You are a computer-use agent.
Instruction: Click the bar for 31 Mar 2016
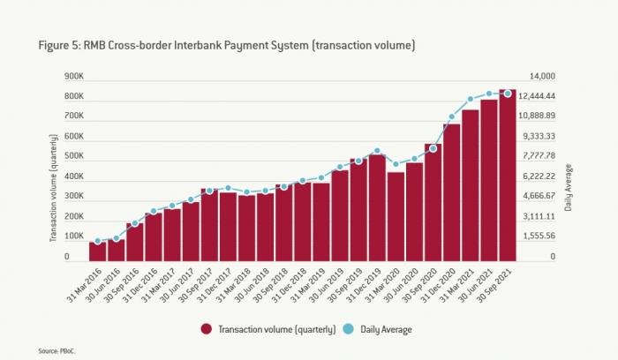pyautogui.click(x=98, y=251)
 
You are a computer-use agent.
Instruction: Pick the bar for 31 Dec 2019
pyautogui.click(x=377, y=208)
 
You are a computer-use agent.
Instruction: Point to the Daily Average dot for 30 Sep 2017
pyautogui.click(x=209, y=191)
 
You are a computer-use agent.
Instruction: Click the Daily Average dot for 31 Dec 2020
pyautogui.click(x=451, y=116)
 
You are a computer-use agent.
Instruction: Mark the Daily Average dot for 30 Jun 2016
pyautogui.click(x=117, y=238)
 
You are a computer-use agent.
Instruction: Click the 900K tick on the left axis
pyautogui.click(x=73, y=77)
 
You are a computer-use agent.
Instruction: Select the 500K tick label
pyautogui.click(x=73, y=157)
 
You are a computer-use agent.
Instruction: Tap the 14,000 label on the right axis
pyautogui.click(x=540, y=77)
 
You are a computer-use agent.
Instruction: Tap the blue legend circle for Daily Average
pyautogui.click(x=348, y=329)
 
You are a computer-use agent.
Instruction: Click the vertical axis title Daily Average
pyautogui.click(x=569, y=187)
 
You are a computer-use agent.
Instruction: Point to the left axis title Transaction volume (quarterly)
pyautogui.click(x=54, y=187)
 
